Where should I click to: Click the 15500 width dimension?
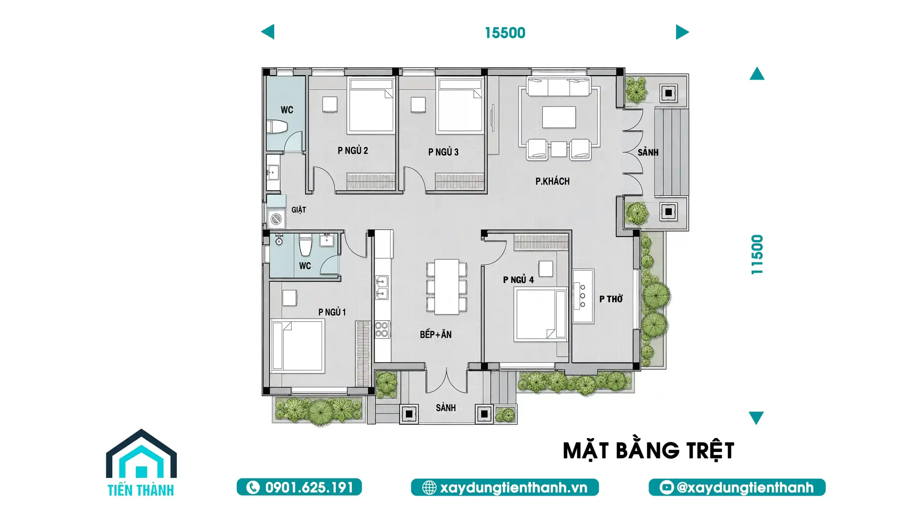click(505, 33)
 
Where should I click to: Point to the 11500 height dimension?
click(757, 254)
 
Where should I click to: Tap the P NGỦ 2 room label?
click(353, 150)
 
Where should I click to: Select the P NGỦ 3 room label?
click(443, 152)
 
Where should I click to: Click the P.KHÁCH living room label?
click(552, 181)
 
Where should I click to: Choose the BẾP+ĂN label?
click(436, 334)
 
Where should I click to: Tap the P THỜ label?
click(611, 299)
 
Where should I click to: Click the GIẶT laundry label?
click(298, 210)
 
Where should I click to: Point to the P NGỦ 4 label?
click(518, 280)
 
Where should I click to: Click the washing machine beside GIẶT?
click(276, 219)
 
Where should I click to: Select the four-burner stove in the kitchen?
click(381, 329)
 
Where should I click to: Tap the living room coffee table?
click(559, 117)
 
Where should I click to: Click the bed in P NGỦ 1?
click(298, 346)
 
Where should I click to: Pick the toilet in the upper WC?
click(277, 127)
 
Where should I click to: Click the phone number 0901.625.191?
click(299, 487)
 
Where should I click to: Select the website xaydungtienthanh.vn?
click(505, 487)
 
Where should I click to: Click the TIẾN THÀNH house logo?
click(141, 462)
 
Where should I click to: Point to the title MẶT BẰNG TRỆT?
click(648, 451)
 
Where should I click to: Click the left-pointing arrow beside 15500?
click(268, 32)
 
